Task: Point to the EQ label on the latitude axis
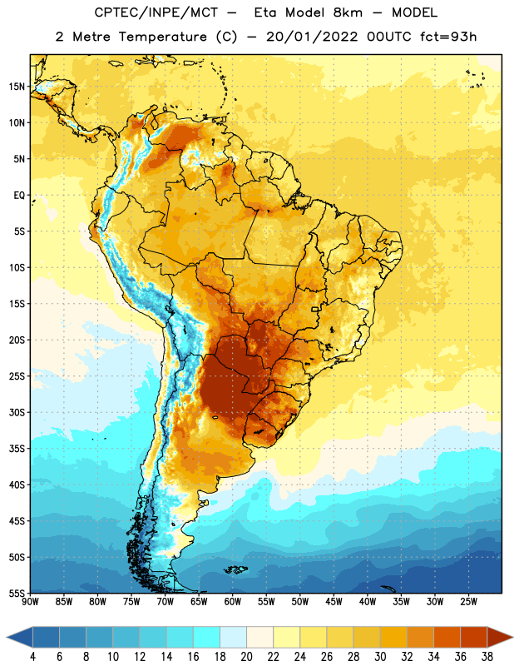coord(19,196)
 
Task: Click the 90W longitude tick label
coord(30,602)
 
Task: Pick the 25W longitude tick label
coord(468,602)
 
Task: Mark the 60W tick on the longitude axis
coord(233,602)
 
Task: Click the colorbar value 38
coord(487,657)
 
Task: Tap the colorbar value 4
coord(32,657)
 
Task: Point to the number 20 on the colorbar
coord(246,657)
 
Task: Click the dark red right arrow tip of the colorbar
coord(513,637)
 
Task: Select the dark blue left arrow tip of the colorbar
coord(7,637)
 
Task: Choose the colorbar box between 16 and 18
coord(206,637)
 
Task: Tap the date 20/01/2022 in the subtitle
coord(312,37)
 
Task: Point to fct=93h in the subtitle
coord(448,37)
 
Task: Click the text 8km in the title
coord(348,12)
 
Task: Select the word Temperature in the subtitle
coord(162,37)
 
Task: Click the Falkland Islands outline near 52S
coord(235,569)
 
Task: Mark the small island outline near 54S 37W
coord(388,589)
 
